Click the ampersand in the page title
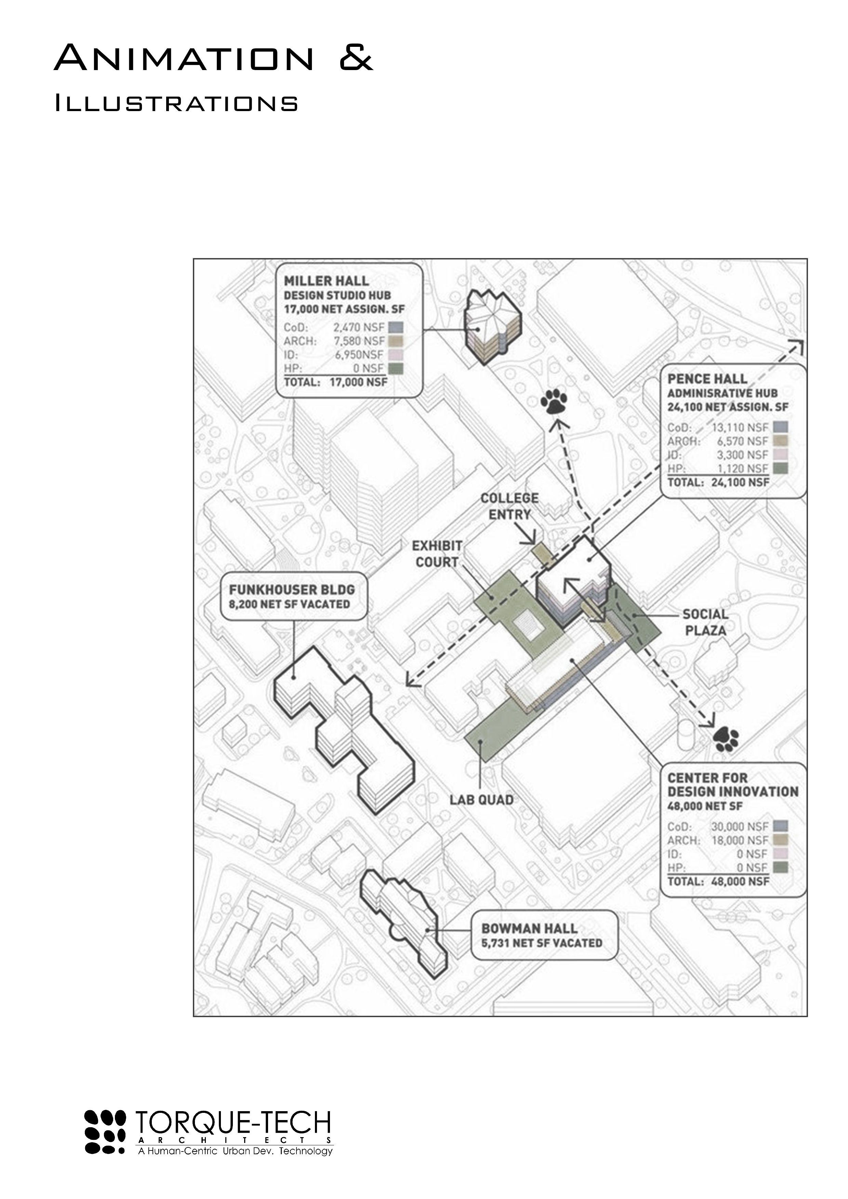[356, 58]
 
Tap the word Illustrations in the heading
[176, 104]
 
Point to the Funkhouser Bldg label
[292, 590]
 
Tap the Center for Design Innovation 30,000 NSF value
[739, 827]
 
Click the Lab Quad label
[481, 799]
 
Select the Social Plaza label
[705, 622]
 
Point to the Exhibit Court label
[437, 554]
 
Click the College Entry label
[509, 506]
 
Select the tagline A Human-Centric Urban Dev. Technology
[235, 1151]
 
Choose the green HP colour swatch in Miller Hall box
[396, 369]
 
